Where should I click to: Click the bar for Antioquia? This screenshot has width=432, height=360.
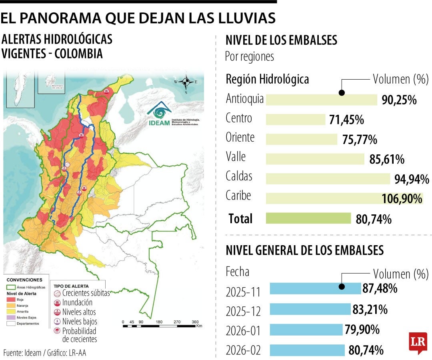321,100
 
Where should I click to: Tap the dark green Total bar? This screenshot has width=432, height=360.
308,218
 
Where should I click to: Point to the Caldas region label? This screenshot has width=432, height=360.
239,176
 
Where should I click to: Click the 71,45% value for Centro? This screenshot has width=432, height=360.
346,120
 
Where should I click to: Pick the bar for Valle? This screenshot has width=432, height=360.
315,159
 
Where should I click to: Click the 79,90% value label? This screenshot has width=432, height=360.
362,330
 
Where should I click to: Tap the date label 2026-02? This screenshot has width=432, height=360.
243,351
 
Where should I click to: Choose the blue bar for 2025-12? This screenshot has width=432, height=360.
310,309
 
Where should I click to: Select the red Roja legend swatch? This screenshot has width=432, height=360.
10,299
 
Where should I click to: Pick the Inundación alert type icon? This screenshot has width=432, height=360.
57,303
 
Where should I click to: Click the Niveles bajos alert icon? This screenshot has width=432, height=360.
57,321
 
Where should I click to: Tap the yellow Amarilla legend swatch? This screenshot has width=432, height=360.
10,311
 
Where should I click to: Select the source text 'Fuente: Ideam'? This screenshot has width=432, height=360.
20,353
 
